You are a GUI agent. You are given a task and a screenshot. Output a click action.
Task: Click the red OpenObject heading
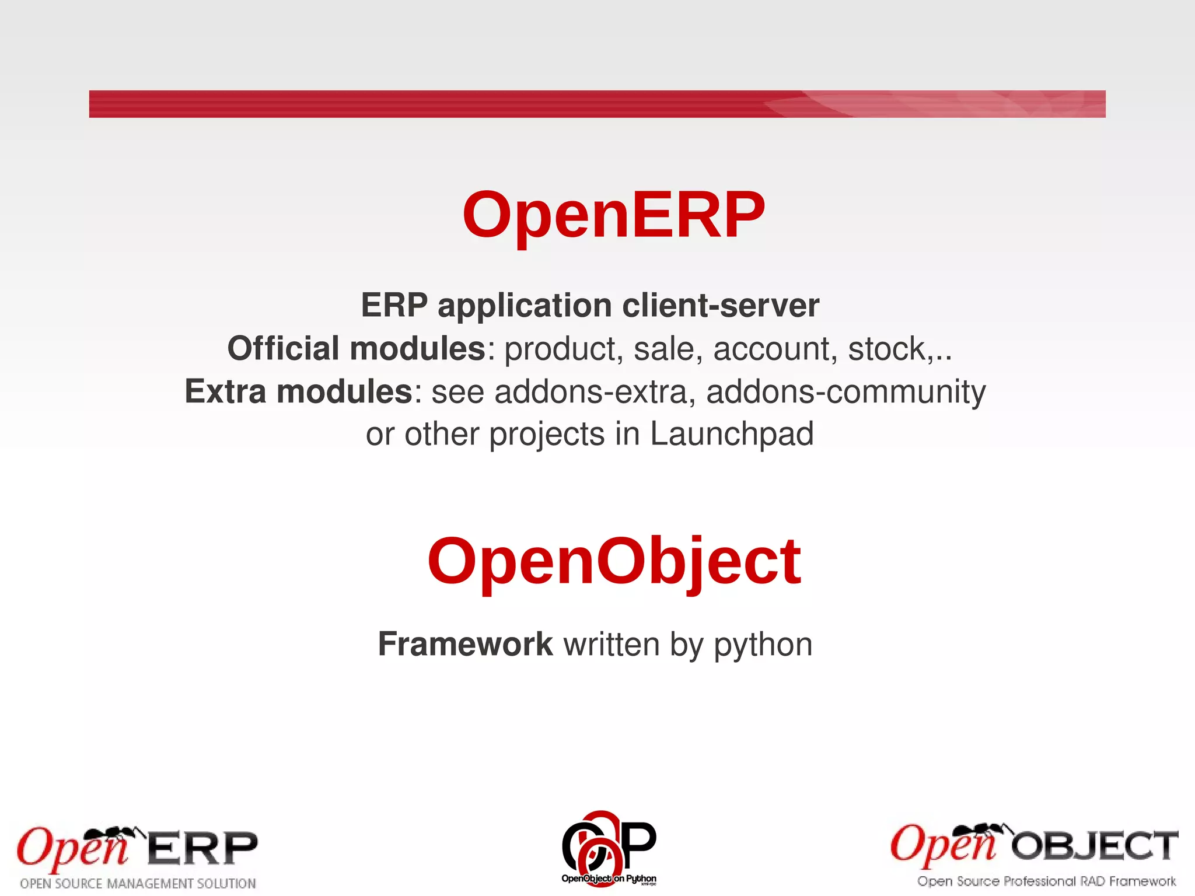614,561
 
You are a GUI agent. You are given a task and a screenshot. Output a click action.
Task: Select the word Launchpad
732,434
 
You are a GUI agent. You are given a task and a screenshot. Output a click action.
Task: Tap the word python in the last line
763,645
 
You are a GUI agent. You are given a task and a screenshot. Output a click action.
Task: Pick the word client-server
721,305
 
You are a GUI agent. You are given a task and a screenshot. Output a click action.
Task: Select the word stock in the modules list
886,349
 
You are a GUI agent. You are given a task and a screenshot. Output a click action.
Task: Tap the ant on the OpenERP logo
120,834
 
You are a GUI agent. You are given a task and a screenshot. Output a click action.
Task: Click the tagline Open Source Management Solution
138,883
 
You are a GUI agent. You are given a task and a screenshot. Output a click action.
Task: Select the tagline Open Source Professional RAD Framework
1046,881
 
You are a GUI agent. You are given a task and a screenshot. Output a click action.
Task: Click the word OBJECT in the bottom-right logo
1094,846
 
